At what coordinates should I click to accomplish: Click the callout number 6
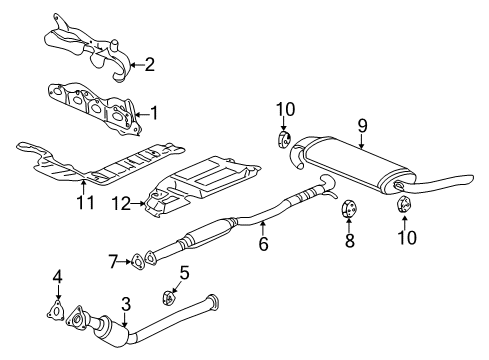click(264, 242)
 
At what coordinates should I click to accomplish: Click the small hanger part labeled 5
click(169, 296)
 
